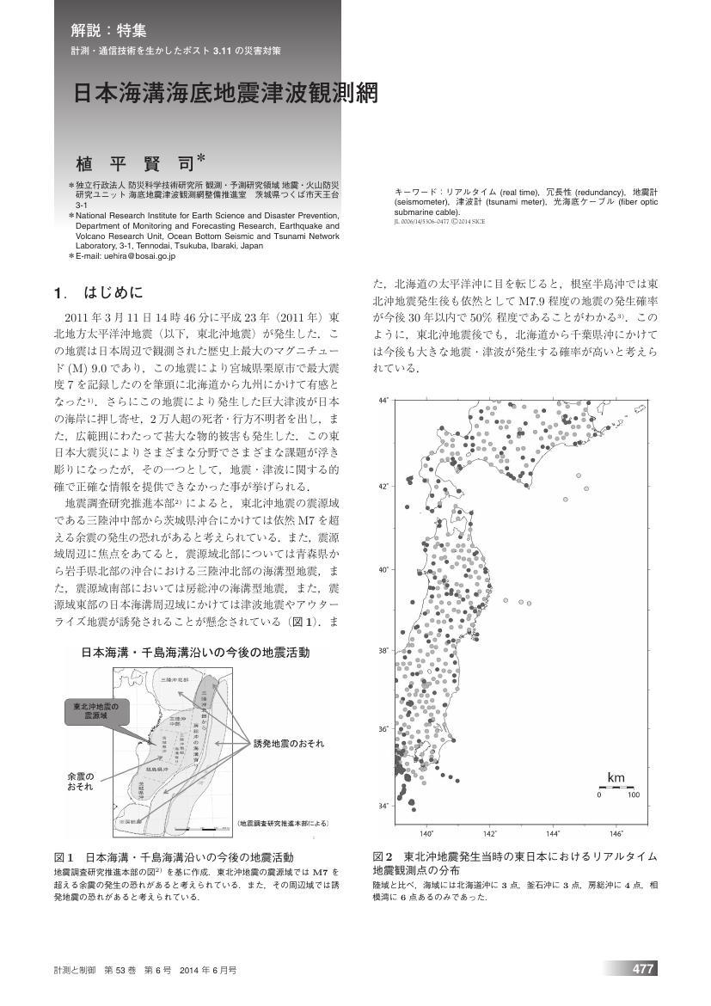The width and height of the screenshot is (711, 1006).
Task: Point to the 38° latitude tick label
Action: click(x=384, y=651)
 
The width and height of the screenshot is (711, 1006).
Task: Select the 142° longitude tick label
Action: click(x=490, y=833)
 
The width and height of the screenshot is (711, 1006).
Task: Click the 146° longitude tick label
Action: click(x=616, y=833)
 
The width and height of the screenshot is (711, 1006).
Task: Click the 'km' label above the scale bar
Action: click(x=616, y=777)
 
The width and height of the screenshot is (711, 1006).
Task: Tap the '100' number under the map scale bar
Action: click(x=634, y=795)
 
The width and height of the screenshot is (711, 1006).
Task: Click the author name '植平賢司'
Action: click(x=135, y=161)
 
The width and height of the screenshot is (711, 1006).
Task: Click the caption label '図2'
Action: click(x=383, y=857)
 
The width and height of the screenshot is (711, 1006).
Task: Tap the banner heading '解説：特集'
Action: click(x=108, y=31)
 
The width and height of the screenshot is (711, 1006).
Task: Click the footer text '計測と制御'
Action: click(x=73, y=969)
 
